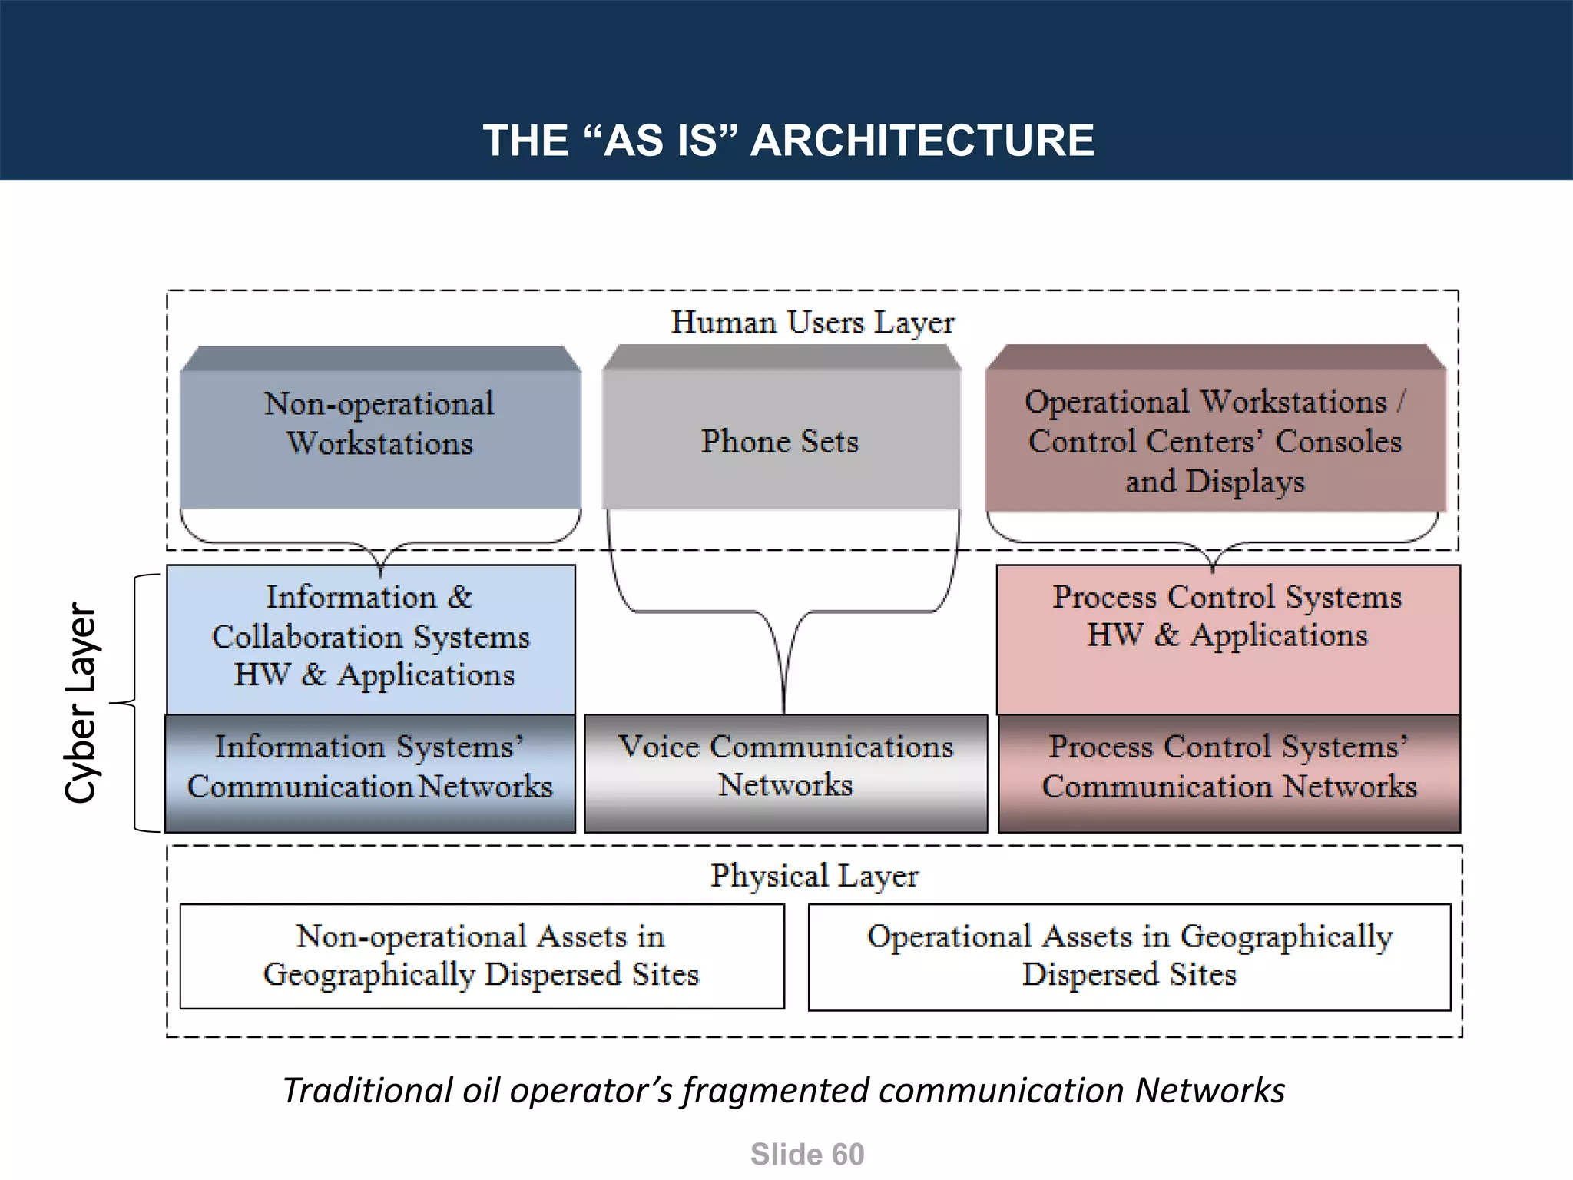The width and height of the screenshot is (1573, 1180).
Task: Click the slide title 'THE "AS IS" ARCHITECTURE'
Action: click(788, 141)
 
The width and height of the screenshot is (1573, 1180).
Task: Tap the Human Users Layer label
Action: click(813, 323)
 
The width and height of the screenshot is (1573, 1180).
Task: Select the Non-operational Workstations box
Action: click(380, 430)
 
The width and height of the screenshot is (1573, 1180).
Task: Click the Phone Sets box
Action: click(780, 441)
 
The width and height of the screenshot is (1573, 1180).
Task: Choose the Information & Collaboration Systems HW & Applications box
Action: click(371, 638)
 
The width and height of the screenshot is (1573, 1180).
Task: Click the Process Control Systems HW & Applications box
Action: click(1227, 638)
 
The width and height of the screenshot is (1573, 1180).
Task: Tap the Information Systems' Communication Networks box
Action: click(370, 771)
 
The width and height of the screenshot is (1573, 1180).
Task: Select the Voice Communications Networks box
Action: click(786, 771)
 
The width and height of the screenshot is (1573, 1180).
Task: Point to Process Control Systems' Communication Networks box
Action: click(1229, 771)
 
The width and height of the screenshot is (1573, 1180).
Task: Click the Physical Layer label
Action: click(814, 876)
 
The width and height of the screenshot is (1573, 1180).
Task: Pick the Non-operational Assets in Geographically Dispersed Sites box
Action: click(482, 956)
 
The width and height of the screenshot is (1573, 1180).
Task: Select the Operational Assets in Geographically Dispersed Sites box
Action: click(1129, 956)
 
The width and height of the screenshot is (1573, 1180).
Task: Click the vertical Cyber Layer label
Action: click(81, 702)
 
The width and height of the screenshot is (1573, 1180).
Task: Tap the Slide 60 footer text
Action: click(807, 1155)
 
